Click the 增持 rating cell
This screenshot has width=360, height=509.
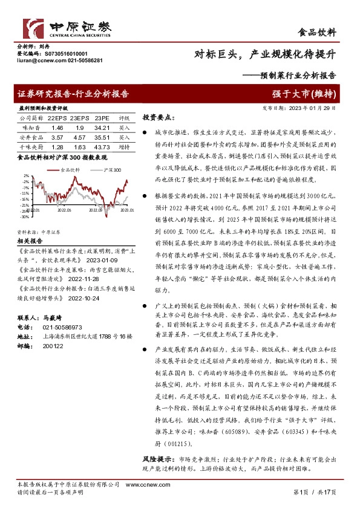(x=124, y=146)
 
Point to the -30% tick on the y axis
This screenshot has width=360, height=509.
(x=25, y=216)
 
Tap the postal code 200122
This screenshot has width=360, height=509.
(x=53, y=346)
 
